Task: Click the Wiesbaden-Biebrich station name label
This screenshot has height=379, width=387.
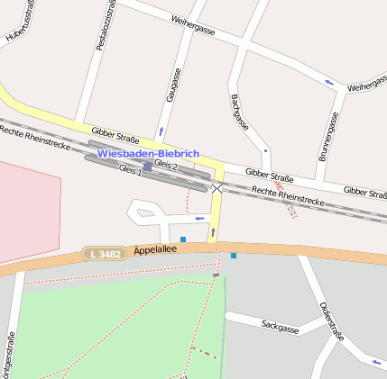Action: (148, 154)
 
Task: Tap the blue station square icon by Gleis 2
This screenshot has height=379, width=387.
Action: (147, 167)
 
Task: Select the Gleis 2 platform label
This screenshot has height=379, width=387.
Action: (165, 166)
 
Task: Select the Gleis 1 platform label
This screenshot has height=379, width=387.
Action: (130, 170)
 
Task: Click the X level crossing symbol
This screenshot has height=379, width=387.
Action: (217, 187)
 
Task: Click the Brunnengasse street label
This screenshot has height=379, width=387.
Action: (327, 137)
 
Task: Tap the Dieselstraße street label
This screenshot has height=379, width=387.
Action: (332, 322)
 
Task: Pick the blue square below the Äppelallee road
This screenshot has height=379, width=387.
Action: (234, 257)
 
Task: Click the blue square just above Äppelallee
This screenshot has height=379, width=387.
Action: (183, 239)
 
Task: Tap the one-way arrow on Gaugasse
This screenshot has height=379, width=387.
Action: (161, 131)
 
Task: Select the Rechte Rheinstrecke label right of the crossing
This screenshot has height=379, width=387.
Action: (288, 197)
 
